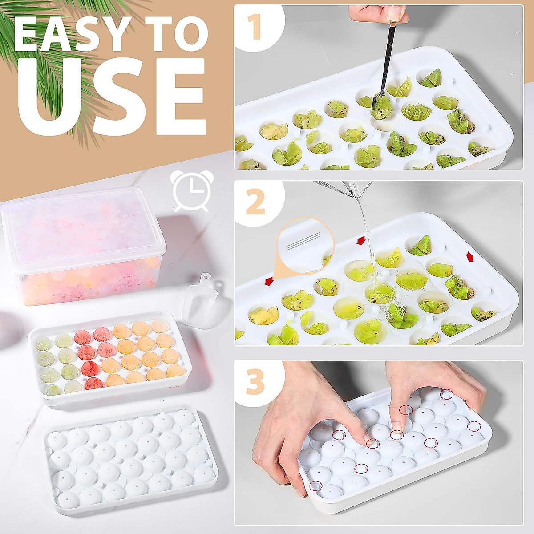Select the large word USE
coord(111,96)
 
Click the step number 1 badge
coord(255,27)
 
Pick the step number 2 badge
coord(255,202)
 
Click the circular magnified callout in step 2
coord(305,245)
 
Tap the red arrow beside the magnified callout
coord(268,281)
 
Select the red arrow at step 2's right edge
coord(470,257)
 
